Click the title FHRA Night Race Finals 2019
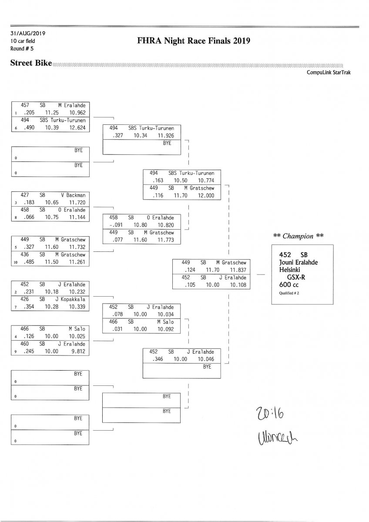point(194,41)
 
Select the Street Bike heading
point(30,64)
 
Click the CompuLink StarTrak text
point(329,73)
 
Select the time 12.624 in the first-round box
point(77,127)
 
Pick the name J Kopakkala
point(70,299)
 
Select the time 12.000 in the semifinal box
point(206,195)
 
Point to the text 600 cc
point(288,284)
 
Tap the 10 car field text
point(23,41)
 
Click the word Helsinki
point(292,269)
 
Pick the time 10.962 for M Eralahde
point(77,112)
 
